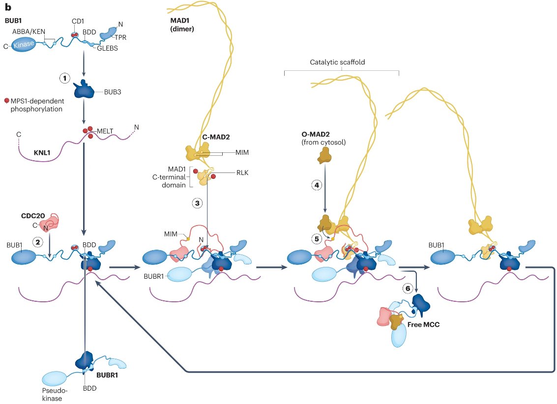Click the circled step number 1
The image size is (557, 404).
tap(64, 78)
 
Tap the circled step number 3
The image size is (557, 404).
tap(198, 202)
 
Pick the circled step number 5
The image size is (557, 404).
tap(317, 239)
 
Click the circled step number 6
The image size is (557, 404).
tap(407, 289)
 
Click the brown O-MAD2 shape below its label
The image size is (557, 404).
tap(324, 156)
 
